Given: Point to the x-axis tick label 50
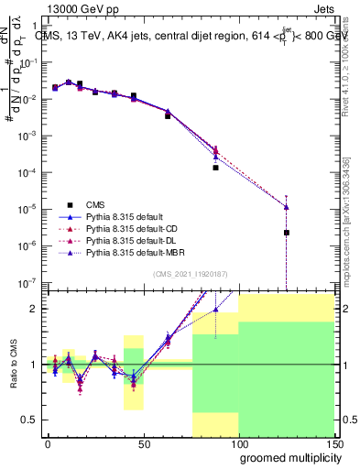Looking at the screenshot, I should tap(143, 442).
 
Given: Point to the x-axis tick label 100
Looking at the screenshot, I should tap(238, 442).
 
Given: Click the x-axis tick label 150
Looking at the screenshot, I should tap(333, 442).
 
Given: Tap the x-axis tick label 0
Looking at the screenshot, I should tap(48, 442).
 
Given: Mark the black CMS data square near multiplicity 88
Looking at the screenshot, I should tap(215, 168).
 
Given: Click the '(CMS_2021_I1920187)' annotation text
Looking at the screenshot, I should tap(191, 273).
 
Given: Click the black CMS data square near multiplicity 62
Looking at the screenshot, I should tap(168, 116).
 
